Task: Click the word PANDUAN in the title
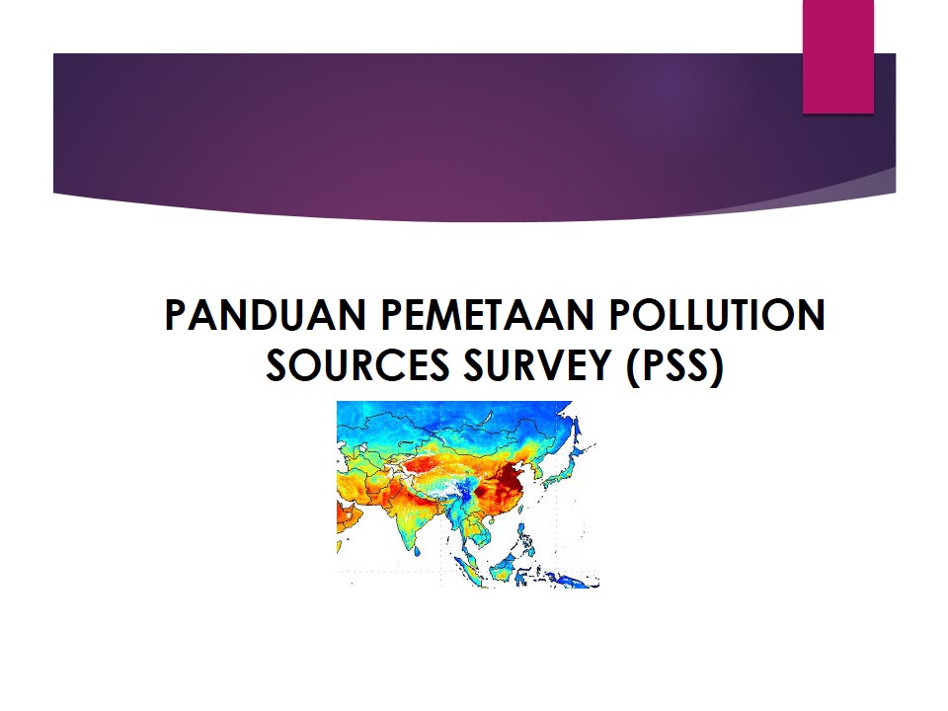265,314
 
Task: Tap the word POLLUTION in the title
717,314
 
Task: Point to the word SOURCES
357,365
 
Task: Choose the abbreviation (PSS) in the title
674,366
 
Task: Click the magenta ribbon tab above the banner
838,56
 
